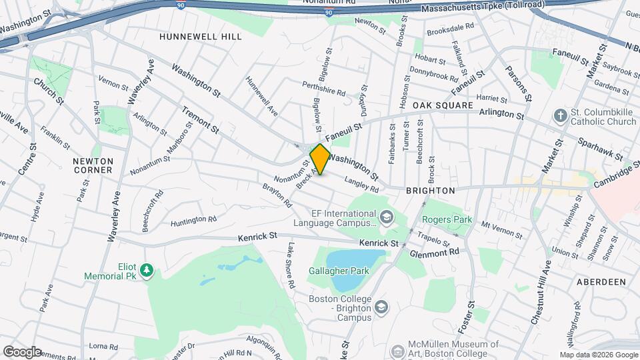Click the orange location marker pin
pyautogui.click(x=320, y=159)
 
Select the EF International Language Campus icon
pyautogui.click(x=386, y=217)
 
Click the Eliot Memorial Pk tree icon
pyautogui.click(x=147, y=270)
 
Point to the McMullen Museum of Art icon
pyautogui.click(x=397, y=350)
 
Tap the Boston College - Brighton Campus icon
pyautogui.click(x=381, y=307)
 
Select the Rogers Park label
pyautogui.click(x=447, y=220)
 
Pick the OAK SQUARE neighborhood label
pyautogui.click(x=442, y=106)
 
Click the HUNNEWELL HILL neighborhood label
pyautogui.click(x=200, y=37)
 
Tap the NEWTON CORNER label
pyautogui.click(x=93, y=165)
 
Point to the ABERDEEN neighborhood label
pyautogui.click(x=601, y=282)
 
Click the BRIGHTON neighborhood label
pyautogui.click(x=430, y=191)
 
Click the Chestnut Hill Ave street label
pyautogui.click(x=541, y=293)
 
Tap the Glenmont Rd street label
pyautogui.click(x=435, y=253)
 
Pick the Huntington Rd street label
pyautogui.click(x=193, y=221)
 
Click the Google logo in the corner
pyautogui.click(x=21, y=351)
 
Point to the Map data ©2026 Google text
pyautogui.click(x=597, y=355)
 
